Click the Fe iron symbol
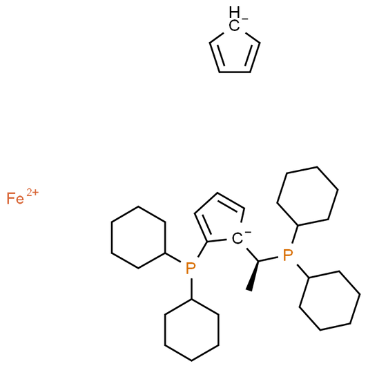(x=15, y=198)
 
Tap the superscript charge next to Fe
(x=32, y=192)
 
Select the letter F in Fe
(x=10, y=198)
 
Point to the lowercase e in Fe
(x=20, y=200)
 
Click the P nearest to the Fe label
(x=191, y=267)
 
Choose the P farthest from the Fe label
(x=288, y=254)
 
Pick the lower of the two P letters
(x=191, y=267)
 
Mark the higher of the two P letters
(x=288, y=254)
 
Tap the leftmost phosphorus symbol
(x=191, y=267)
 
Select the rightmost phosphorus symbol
(x=288, y=254)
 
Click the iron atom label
(x=15, y=198)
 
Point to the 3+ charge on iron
(x=32, y=192)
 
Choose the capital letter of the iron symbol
(x=10, y=198)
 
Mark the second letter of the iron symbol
(x=20, y=200)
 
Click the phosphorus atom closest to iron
(x=191, y=267)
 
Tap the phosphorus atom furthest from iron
(x=288, y=254)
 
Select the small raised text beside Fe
(x=32, y=192)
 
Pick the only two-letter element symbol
(x=15, y=198)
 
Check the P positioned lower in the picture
(x=191, y=267)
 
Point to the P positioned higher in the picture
(x=288, y=254)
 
